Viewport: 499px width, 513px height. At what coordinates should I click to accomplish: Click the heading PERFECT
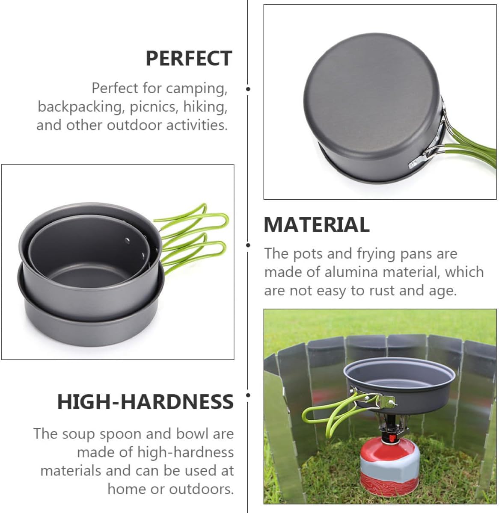point(189,59)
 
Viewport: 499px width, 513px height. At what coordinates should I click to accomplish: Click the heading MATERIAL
point(316,225)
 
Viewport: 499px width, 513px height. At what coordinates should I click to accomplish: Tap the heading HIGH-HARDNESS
point(146,402)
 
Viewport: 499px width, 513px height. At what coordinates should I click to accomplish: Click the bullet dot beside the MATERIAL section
point(248,245)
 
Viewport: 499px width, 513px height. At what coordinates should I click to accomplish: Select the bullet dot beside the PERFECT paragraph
point(248,89)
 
